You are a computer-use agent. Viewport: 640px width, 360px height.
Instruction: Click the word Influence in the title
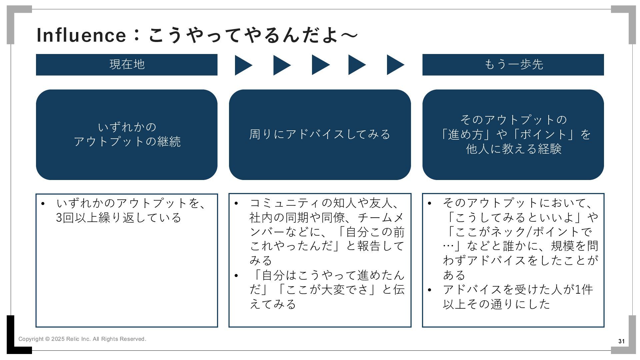tap(81, 35)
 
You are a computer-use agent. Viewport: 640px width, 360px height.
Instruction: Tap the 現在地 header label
tap(127, 64)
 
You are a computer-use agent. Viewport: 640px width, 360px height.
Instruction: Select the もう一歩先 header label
tap(513, 64)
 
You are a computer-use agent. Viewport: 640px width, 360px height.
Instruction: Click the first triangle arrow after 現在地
tap(243, 65)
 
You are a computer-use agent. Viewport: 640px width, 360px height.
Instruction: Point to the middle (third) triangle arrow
tap(320, 65)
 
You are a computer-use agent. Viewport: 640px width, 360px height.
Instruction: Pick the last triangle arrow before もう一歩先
tap(395, 65)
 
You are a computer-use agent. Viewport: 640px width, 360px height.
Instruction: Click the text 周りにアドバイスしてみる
tap(320, 134)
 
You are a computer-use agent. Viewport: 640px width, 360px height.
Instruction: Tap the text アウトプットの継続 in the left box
tap(127, 142)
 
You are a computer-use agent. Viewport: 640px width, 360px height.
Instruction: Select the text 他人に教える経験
tap(513, 149)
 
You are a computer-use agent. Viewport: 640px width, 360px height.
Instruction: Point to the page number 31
tap(621, 341)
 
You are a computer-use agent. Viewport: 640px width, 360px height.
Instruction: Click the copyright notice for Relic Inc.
tap(82, 339)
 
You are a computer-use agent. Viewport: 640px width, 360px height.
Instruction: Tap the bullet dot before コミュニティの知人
tap(236, 203)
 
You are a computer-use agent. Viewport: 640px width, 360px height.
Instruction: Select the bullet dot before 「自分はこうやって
tap(236, 276)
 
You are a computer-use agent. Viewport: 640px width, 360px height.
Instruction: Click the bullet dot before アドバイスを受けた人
tap(429, 290)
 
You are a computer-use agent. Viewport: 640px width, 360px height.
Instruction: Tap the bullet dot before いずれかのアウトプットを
tap(43, 203)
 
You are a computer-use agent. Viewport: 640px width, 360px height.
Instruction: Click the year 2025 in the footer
tap(58, 339)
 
